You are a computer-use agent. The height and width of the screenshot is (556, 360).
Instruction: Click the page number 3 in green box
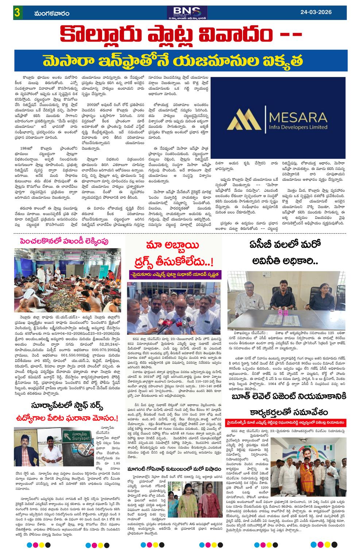coord(17,13)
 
